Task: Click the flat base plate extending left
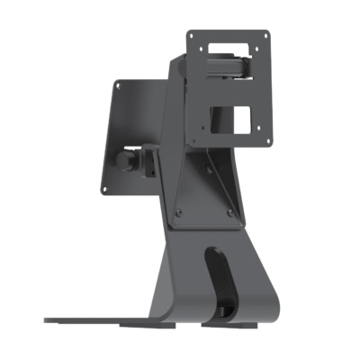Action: click(99, 318)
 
